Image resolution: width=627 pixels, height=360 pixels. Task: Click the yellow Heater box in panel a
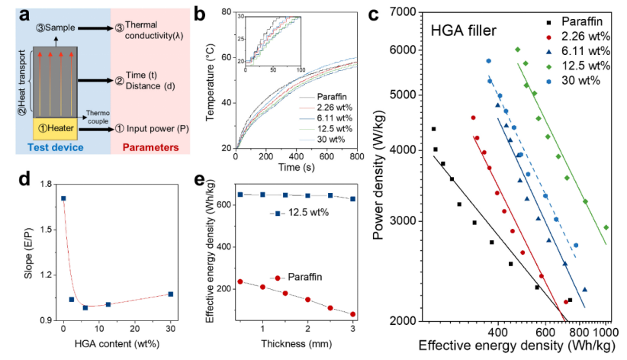[55, 130]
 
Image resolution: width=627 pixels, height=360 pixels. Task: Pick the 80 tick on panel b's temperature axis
[225, 11]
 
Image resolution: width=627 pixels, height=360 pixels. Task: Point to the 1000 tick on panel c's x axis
[606, 333]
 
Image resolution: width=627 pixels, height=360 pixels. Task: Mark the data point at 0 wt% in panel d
[63, 198]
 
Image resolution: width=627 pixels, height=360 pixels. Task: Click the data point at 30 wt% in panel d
[171, 294]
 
